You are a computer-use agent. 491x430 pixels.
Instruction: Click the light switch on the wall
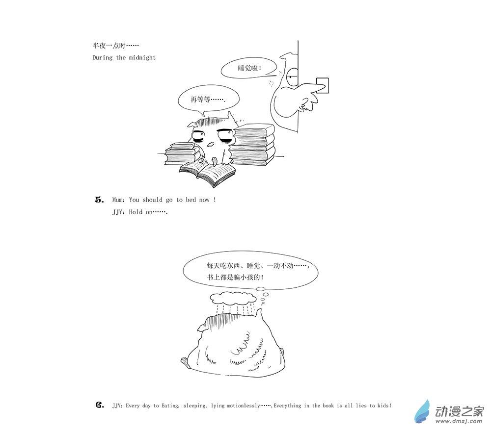(322, 85)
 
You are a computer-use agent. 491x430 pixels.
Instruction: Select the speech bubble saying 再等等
(208, 100)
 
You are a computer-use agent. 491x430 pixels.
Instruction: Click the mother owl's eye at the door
(293, 76)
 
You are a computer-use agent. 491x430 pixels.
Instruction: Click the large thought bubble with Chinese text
(250, 271)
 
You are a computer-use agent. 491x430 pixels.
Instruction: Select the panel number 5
(99, 200)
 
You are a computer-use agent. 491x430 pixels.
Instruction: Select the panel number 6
(100, 405)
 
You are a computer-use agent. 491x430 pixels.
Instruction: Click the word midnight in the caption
(142, 57)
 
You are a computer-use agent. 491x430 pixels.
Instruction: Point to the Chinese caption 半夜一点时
(115, 46)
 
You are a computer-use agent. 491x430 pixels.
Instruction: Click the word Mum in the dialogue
(118, 200)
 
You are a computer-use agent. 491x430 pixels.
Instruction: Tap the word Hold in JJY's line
(136, 212)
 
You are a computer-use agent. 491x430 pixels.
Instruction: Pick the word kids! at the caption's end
(384, 405)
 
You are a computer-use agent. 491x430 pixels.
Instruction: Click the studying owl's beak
(211, 144)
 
